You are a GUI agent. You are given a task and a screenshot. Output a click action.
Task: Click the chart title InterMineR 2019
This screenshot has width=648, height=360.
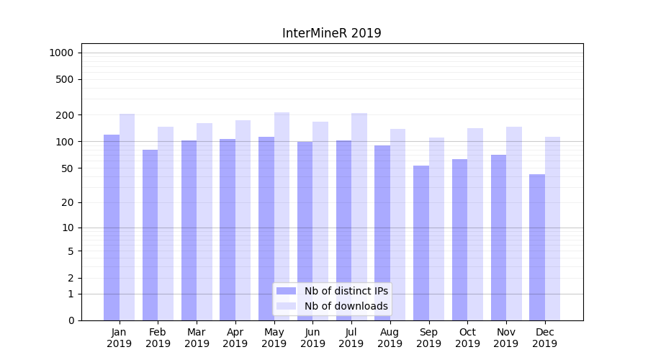tap(331, 33)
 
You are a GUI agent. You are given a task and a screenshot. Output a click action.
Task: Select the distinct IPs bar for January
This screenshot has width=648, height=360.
tap(112, 227)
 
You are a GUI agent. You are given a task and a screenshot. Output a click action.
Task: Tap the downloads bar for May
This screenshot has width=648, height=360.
tap(282, 216)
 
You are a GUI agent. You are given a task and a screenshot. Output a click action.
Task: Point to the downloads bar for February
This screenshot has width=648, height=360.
tap(166, 223)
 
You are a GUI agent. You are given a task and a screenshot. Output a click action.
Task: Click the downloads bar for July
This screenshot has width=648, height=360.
tap(359, 216)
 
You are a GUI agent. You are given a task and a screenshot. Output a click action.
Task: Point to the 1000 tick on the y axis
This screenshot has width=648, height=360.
tap(61, 53)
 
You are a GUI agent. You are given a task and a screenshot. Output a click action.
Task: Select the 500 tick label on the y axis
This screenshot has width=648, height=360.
tap(64, 79)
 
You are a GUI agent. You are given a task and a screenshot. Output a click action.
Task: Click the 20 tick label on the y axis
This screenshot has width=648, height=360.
tap(67, 202)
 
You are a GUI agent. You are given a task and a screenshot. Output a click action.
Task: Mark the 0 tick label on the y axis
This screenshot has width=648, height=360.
tap(71, 320)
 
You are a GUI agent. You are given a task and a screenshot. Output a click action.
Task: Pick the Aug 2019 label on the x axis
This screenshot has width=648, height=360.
tap(390, 338)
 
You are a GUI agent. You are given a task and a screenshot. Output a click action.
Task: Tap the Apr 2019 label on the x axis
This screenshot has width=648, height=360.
tap(235, 338)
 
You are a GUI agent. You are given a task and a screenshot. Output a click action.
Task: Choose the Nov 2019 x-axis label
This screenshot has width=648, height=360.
tap(506, 338)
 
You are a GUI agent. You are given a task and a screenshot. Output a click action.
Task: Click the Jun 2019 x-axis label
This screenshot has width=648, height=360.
tap(312, 338)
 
